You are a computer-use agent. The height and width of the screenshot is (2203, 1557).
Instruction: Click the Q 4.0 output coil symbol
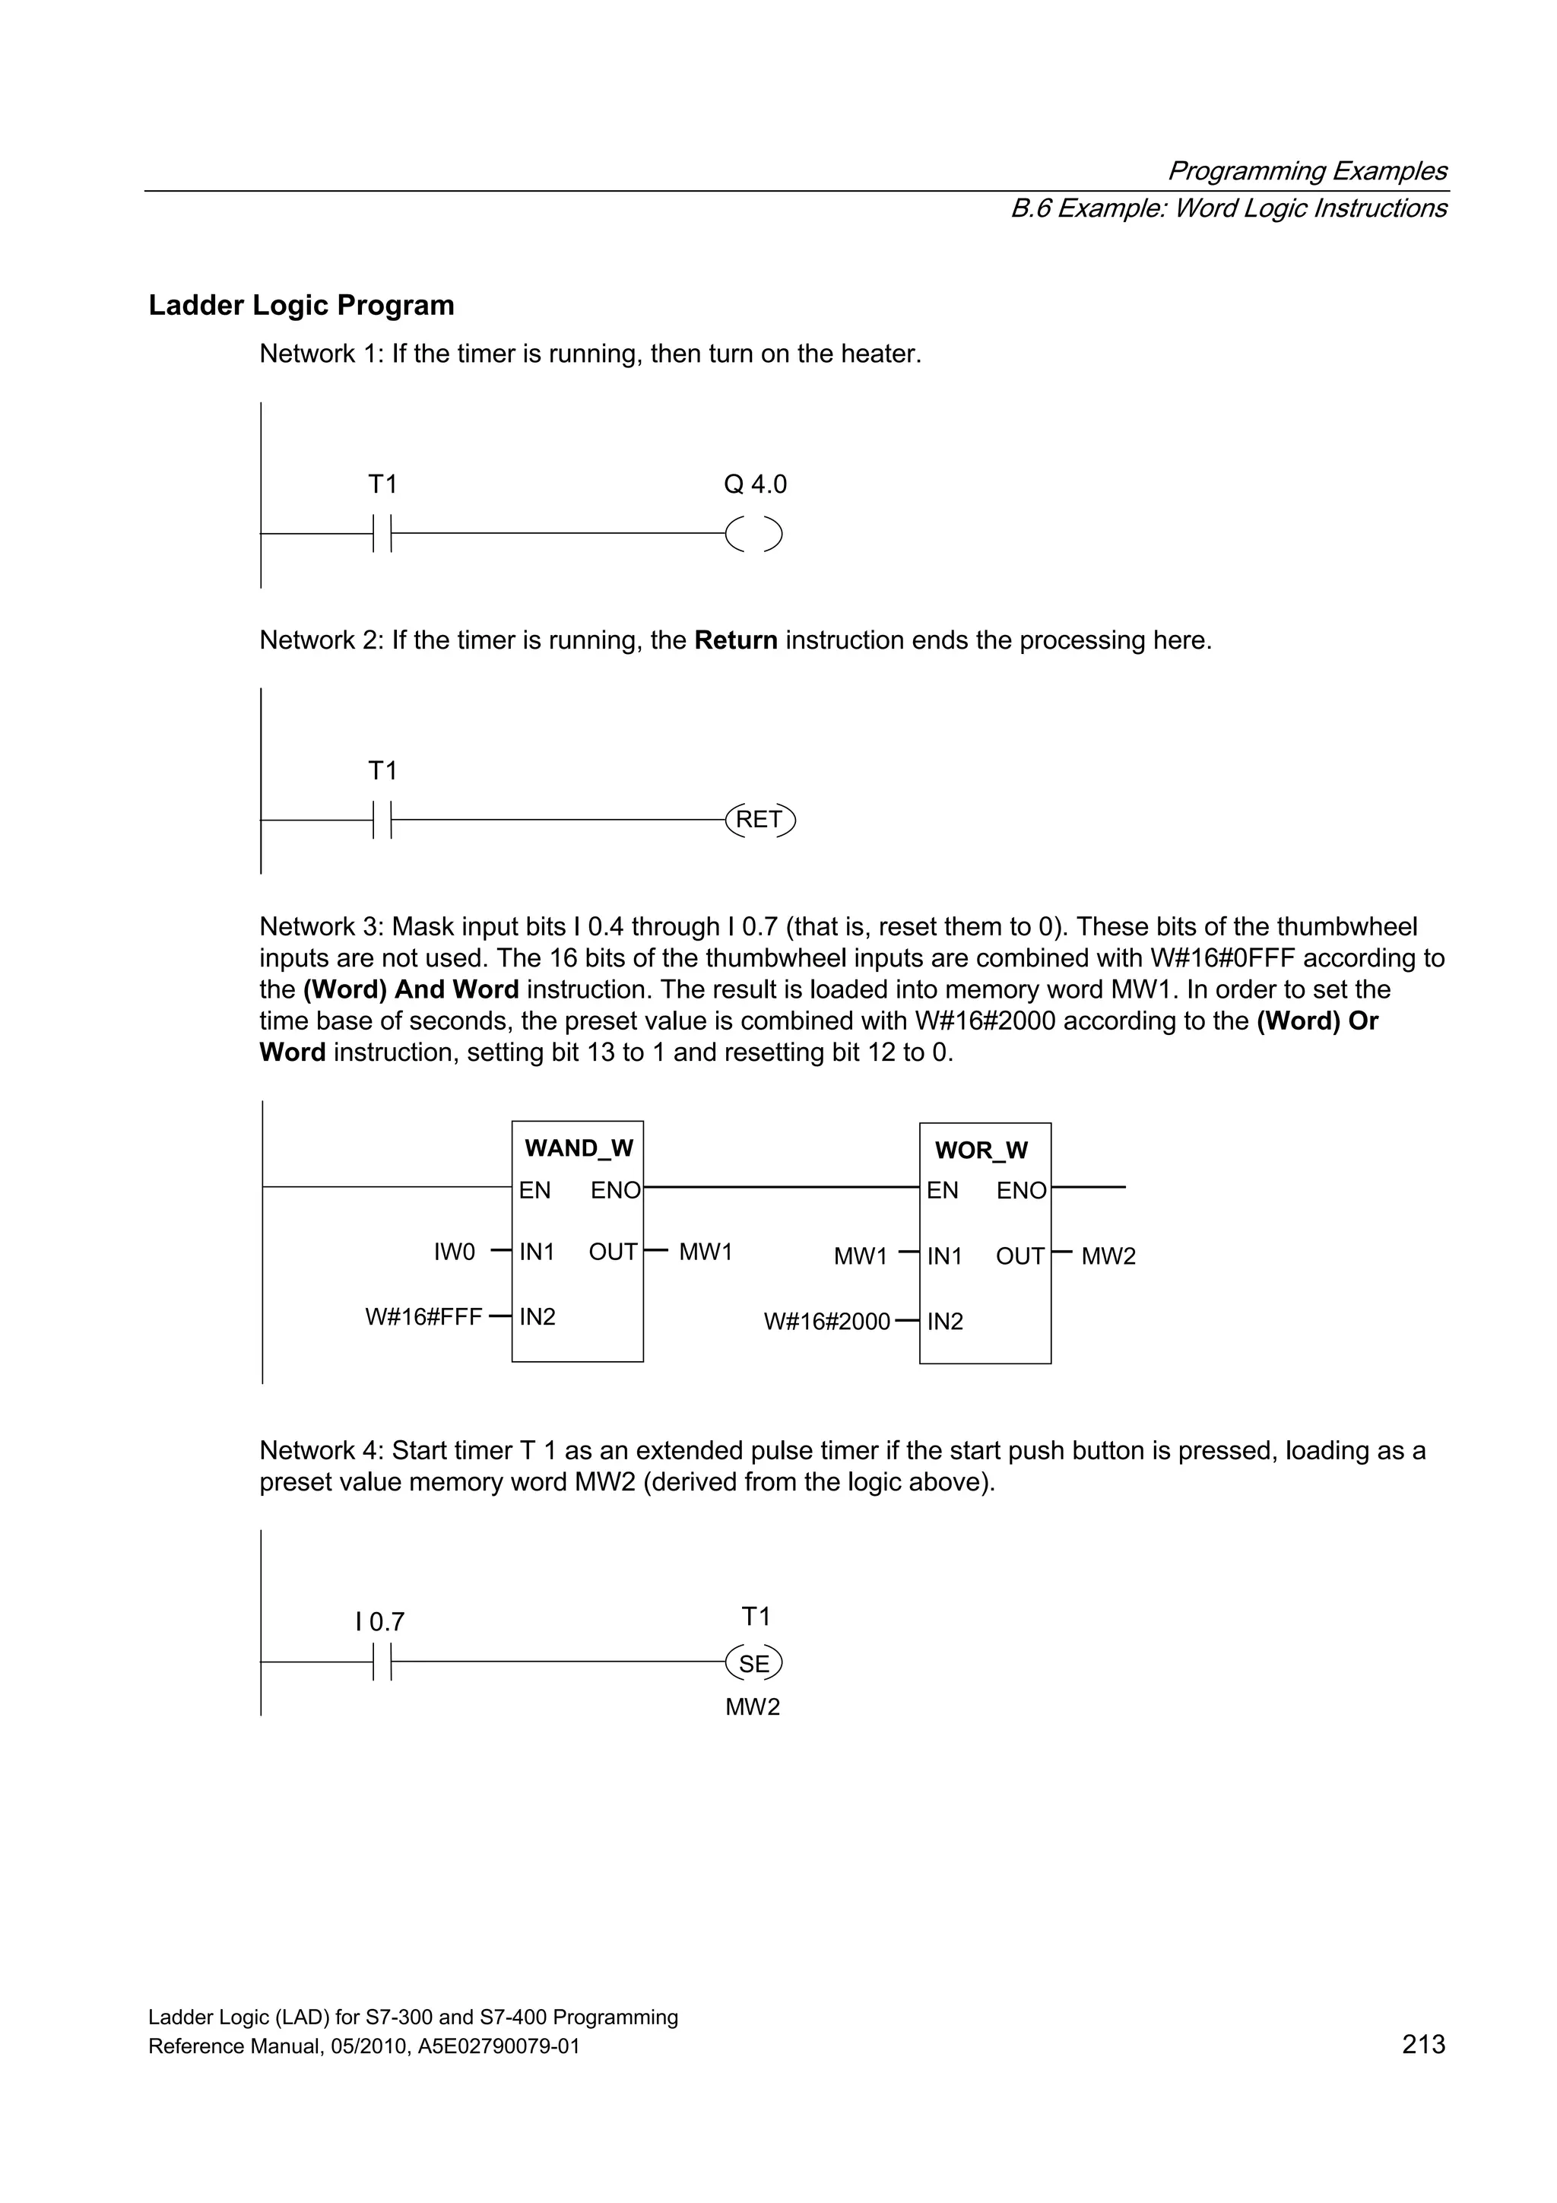(754, 535)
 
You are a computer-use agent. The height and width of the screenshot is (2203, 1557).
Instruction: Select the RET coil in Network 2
(759, 820)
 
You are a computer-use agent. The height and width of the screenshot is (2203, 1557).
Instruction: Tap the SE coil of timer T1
(754, 1664)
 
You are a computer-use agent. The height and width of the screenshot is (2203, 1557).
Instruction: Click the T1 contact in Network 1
(382, 534)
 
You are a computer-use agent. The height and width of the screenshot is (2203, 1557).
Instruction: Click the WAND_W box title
(579, 1148)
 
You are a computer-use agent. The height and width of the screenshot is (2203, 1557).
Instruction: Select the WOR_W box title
(981, 1151)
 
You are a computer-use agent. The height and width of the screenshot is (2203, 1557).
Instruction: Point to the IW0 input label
(455, 1252)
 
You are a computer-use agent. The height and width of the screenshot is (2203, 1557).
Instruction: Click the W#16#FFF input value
(423, 1317)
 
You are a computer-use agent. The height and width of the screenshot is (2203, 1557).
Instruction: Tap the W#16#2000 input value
(827, 1322)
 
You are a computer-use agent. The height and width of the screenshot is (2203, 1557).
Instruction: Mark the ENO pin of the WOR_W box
(1021, 1191)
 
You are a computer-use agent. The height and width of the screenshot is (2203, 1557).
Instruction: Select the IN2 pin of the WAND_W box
(537, 1317)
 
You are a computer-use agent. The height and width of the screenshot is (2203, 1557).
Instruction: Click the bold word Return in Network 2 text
(736, 640)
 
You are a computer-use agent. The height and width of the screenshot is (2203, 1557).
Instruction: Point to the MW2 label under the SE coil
(753, 1707)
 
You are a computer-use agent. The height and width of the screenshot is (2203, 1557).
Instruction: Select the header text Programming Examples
(1307, 171)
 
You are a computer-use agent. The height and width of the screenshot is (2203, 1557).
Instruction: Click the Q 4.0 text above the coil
(755, 484)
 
